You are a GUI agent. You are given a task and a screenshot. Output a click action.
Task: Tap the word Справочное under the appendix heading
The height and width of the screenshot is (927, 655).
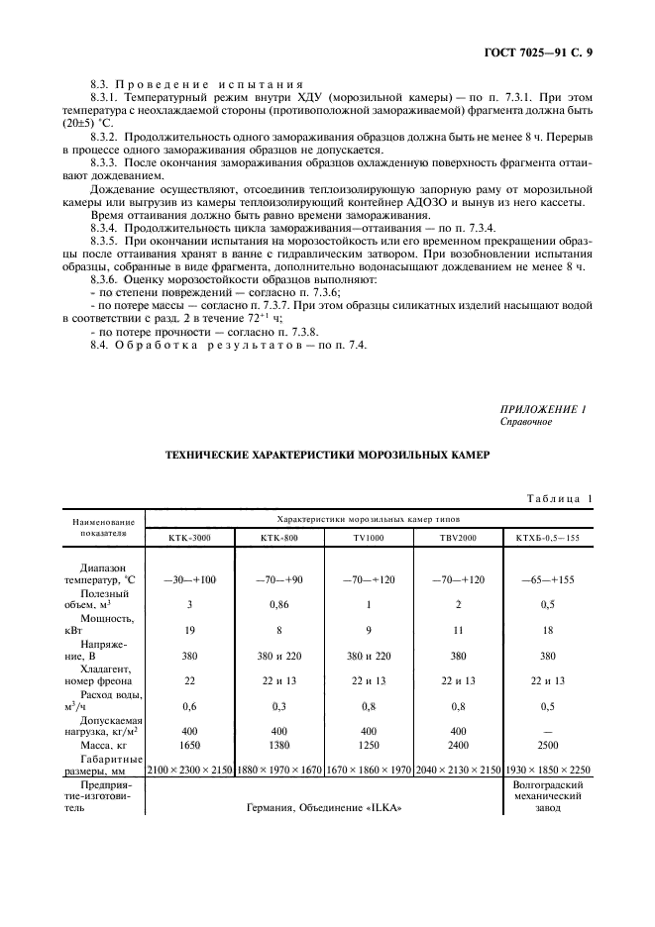pos(527,422)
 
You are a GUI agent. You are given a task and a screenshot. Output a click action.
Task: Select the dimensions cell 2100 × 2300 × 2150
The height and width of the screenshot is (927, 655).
pos(190,769)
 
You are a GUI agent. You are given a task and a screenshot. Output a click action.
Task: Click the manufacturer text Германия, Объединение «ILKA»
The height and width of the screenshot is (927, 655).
pos(328,807)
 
